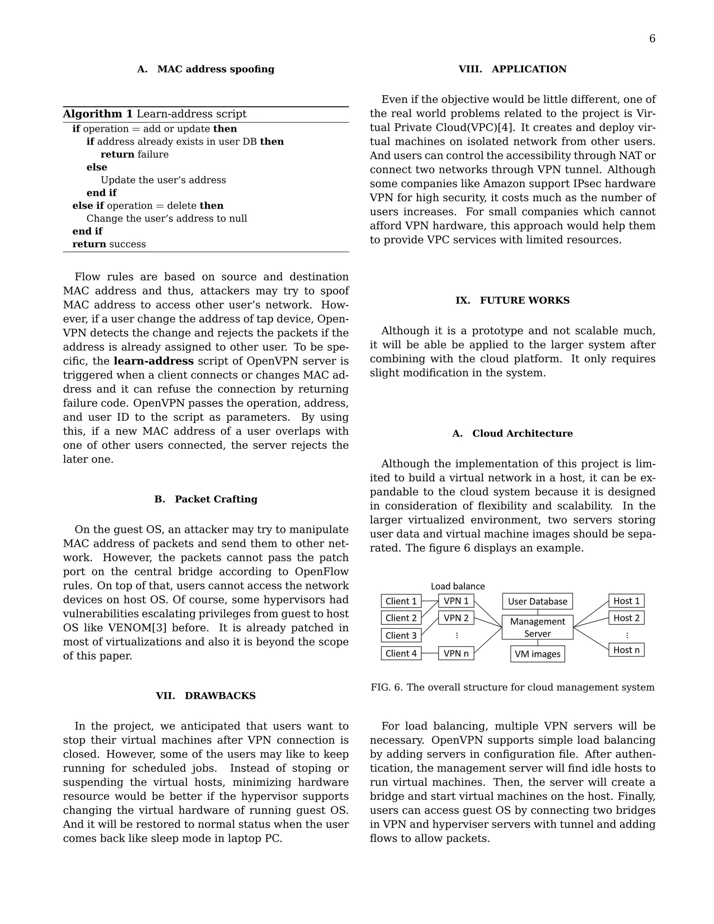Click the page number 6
click(x=652, y=39)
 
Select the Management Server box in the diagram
click(x=537, y=627)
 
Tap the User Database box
click(x=537, y=601)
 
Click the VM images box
click(x=537, y=654)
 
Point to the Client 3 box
click(x=401, y=635)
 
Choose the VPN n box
click(x=456, y=653)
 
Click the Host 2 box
click(x=626, y=618)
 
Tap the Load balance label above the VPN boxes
click(x=458, y=586)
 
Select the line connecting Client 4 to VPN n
click(x=430, y=653)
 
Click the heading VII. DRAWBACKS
click(x=206, y=696)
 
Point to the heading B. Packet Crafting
click(x=206, y=499)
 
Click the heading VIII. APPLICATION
click(x=512, y=69)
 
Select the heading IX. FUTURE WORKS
click(x=512, y=300)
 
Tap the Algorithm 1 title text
click(x=154, y=114)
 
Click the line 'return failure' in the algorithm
click(x=135, y=154)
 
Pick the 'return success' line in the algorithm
click(x=109, y=244)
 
